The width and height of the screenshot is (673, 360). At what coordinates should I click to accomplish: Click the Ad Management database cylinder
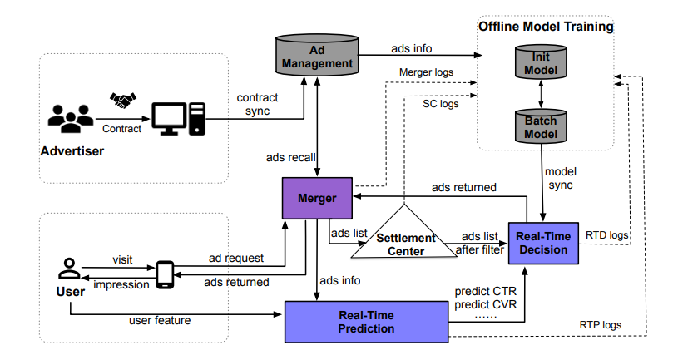pyautogui.click(x=318, y=56)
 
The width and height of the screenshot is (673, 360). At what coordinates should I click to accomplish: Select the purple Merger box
pyautogui.click(x=317, y=199)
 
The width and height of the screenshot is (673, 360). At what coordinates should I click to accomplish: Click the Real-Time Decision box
pyautogui.click(x=543, y=244)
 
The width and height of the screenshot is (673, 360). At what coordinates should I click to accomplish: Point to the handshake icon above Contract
pyautogui.click(x=122, y=101)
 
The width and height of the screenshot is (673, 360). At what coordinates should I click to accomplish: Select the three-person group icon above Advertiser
pyautogui.click(x=71, y=119)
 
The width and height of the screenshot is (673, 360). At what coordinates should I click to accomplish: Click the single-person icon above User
pyautogui.click(x=68, y=269)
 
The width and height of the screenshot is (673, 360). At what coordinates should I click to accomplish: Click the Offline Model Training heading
pyautogui.click(x=546, y=27)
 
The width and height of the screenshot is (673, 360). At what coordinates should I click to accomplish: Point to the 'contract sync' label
pyautogui.click(x=258, y=104)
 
